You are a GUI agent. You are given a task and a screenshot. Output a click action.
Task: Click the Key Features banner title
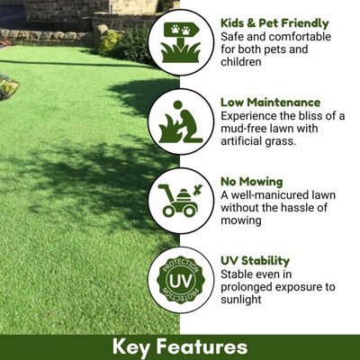[x=179, y=346]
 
